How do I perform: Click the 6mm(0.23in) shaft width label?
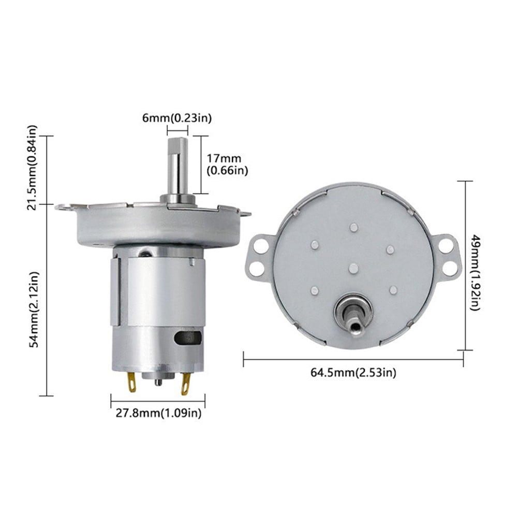pos(177,118)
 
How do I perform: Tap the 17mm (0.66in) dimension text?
pos(226,164)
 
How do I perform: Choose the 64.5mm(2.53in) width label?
pos(353,372)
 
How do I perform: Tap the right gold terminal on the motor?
pos(185,384)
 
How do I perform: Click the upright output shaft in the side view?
pos(177,166)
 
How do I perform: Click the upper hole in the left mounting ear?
pos(261,245)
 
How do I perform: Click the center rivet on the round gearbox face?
pos(353,267)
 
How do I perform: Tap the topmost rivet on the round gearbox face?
pos(353,227)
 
